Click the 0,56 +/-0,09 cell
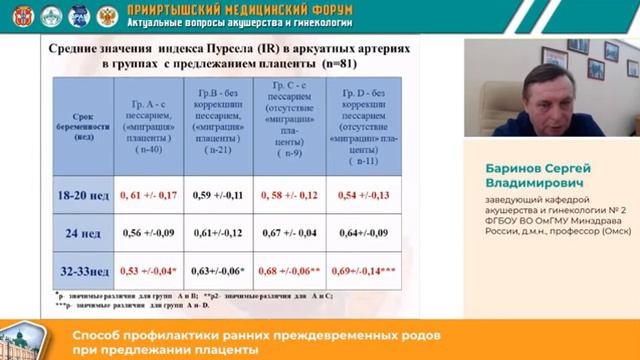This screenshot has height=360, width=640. pyautogui.click(x=149, y=234)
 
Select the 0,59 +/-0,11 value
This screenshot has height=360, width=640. pyautogui.click(x=219, y=194)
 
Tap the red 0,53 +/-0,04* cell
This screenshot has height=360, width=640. pyautogui.click(x=149, y=271)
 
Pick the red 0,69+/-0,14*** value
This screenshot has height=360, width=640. pyautogui.click(x=364, y=271)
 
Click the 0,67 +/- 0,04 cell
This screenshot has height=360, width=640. pyautogui.click(x=291, y=234)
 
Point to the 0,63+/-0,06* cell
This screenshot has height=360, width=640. pyautogui.click(x=219, y=271)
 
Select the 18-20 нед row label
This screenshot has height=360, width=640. pyautogui.click(x=83, y=194)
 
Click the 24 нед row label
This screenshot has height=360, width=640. pyautogui.click(x=83, y=234)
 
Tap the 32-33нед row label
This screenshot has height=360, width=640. pyautogui.click(x=83, y=271)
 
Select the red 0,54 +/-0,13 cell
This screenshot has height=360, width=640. pyautogui.click(x=364, y=194)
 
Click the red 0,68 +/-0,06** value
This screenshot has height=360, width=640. pyautogui.click(x=291, y=271)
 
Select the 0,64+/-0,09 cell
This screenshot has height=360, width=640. pyautogui.click(x=364, y=234)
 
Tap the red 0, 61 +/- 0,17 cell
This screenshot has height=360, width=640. pyautogui.click(x=149, y=194)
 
